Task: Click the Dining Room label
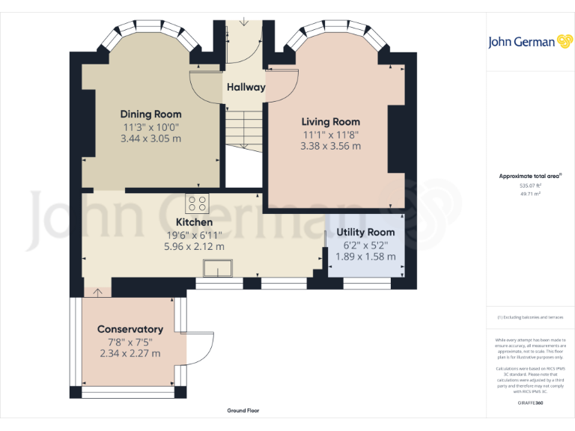(150, 114)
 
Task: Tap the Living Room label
(330, 121)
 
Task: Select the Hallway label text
(246, 87)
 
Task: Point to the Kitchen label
(194, 222)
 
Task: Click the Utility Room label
(365, 233)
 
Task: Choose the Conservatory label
(130, 329)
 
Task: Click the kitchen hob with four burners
(198, 204)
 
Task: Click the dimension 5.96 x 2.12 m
(194, 246)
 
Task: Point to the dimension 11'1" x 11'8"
(330, 134)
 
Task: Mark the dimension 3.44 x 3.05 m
(150, 138)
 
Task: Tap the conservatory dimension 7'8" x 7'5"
(130, 341)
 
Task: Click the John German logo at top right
(531, 42)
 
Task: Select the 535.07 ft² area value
(530, 186)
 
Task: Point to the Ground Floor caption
(243, 411)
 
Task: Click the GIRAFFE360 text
(530, 403)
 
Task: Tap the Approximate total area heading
(530, 176)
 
